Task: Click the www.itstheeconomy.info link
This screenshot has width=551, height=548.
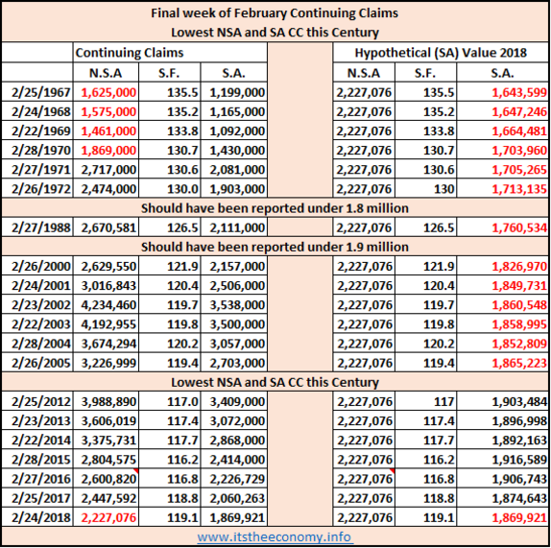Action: click(x=275, y=537)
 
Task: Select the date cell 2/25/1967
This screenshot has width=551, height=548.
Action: click(x=41, y=92)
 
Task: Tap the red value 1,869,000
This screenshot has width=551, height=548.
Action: click(x=108, y=151)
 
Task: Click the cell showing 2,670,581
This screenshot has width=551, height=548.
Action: click(x=108, y=227)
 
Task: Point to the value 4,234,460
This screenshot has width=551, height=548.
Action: click(x=108, y=305)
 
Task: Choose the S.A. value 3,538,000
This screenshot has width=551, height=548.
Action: click(x=237, y=305)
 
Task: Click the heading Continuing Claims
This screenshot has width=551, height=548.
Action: click(x=130, y=53)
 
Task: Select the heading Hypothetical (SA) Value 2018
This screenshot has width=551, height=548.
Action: click(x=441, y=53)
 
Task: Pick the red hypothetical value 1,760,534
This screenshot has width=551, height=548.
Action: click(x=519, y=227)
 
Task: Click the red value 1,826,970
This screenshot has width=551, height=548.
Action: click(x=519, y=266)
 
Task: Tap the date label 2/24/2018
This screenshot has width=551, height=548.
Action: click(x=41, y=517)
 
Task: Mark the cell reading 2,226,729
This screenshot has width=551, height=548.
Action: click(x=237, y=479)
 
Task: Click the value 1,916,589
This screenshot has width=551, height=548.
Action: click(x=519, y=460)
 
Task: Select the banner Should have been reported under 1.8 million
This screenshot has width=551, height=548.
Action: click(x=275, y=208)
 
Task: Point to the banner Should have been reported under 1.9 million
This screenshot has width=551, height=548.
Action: click(x=275, y=247)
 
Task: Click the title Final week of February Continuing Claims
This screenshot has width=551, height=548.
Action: click(x=275, y=13)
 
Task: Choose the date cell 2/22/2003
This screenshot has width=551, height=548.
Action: click(x=41, y=324)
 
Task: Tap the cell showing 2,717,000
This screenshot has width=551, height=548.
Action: click(x=108, y=170)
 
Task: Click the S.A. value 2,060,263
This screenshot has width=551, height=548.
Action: click(x=237, y=498)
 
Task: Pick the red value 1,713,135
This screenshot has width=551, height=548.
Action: click(x=519, y=189)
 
